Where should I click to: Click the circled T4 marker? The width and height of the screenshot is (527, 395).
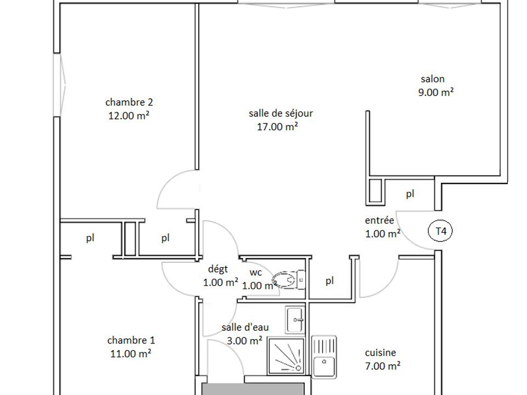(x=440, y=231)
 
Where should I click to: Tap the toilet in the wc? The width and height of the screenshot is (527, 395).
(x=288, y=279)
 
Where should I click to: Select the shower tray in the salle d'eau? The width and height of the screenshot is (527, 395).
(x=287, y=357)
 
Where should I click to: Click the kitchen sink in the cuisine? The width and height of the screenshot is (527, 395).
(x=324, y=357)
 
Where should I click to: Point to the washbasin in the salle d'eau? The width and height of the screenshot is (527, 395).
(x=295, y=319)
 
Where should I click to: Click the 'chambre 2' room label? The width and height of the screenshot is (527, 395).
(x=129, y=102)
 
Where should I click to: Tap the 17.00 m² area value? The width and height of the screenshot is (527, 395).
(x=277, y=127)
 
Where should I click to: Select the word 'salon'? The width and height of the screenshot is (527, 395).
(x=433, y=79)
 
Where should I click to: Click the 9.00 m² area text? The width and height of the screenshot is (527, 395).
(x=436, y=92)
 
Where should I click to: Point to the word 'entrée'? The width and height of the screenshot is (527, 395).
(x=379, y=221)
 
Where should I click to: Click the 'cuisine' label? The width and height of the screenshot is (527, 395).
(x=380, y=353)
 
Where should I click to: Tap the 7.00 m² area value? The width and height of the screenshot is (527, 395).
(x=383, y=366)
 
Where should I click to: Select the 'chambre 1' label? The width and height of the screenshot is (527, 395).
(x=131, y=340)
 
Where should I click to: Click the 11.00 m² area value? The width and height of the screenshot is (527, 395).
(x=131, y=353)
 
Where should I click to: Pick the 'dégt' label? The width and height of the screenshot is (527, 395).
(x=218, y=269)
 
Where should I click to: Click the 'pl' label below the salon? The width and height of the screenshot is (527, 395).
(x=410, y=194)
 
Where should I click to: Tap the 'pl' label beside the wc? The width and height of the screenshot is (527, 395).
(x=330, y=280)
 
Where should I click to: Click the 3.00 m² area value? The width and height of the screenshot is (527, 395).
(x=244, y=341)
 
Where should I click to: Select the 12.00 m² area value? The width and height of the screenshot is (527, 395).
(x=128, y=116)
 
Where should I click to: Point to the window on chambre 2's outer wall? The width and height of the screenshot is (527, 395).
(x=60, y=85)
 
